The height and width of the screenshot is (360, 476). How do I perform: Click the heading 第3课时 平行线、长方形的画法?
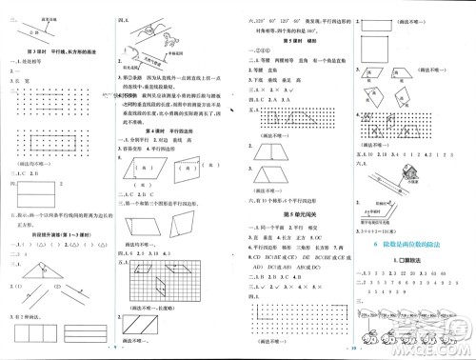[59, 50]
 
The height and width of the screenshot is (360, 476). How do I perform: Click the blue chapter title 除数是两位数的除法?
[416, 247]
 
